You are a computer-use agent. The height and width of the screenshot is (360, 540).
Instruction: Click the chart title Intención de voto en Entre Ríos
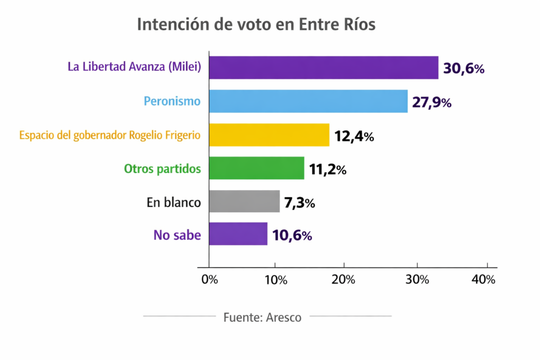coord(256,25)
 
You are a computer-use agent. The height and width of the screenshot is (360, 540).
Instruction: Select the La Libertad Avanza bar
coord(323,67)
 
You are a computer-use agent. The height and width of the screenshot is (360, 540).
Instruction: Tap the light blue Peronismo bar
coord(308,101)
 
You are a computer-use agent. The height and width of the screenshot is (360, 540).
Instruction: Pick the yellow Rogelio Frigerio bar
coord(269,135)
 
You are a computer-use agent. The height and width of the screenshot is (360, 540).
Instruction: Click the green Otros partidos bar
coord(256,169)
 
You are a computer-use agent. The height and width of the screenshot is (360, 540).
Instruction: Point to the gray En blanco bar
coord(244,202)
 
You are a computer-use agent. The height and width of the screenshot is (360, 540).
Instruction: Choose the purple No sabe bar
coord(238,235)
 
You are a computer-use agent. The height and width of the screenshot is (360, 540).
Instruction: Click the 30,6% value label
coord(464,69)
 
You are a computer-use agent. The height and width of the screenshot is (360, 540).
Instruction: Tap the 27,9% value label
coord(431,102)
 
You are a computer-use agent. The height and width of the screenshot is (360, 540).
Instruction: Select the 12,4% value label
coord(354,136)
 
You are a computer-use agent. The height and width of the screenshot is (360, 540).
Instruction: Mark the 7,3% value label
coord(299,203)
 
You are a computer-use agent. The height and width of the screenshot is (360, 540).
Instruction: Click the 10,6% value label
coord(292,236)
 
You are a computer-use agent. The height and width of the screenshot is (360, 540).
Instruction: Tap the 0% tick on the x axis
coord(209,280)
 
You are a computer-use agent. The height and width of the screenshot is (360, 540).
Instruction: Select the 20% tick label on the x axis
coord(344,280)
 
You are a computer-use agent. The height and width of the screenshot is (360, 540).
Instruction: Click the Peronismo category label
coord(172,101)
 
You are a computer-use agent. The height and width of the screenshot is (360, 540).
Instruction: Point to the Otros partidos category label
coord(162,169)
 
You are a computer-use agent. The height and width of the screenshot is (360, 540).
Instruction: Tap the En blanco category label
coord(173,202)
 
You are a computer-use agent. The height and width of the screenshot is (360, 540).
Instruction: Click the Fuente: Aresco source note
coord(263,317)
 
